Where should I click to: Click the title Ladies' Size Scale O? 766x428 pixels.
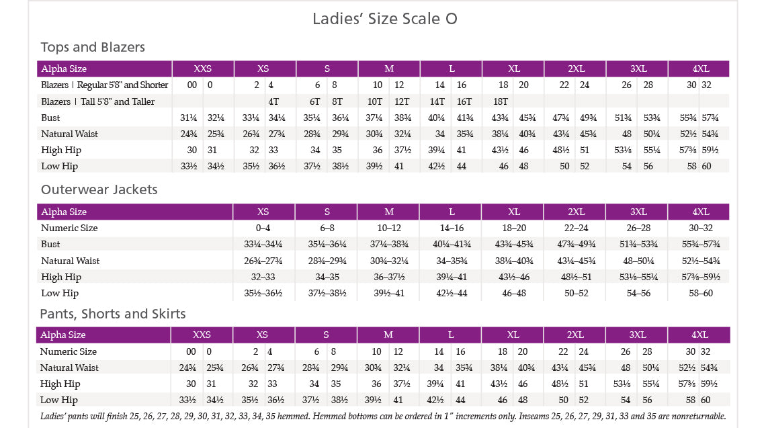(x=384, y=18)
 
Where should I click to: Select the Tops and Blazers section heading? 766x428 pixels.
(x=93, y=47)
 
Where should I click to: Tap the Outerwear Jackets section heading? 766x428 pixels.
(x=99, y=189)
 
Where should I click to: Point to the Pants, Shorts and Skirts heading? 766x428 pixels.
(x=113, y=314)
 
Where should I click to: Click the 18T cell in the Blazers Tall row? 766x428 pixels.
(x=501, y=101)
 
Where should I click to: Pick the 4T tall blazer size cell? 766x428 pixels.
(x=273, y=101)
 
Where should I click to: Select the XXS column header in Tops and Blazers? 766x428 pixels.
(x=202, y=69)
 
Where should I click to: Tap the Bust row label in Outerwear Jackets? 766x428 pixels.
(x=50, y=244)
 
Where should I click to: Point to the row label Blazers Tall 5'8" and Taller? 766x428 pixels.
(x=97, y=101)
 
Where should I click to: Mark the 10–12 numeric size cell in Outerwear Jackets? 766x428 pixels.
(x=389, y=228)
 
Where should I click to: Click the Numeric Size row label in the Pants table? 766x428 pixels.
(x=68, y=351)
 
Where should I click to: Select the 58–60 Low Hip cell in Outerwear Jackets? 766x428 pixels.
(x=699, y=293)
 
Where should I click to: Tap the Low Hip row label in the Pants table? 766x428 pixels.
(x=58, y=400)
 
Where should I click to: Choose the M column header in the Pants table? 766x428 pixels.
(x=388, y=335)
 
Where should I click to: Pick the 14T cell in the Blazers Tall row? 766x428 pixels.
(x=437, y=101)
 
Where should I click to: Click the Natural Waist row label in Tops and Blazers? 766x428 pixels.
(x=69, y=134)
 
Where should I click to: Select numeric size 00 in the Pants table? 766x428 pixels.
(x=191, y=351)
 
